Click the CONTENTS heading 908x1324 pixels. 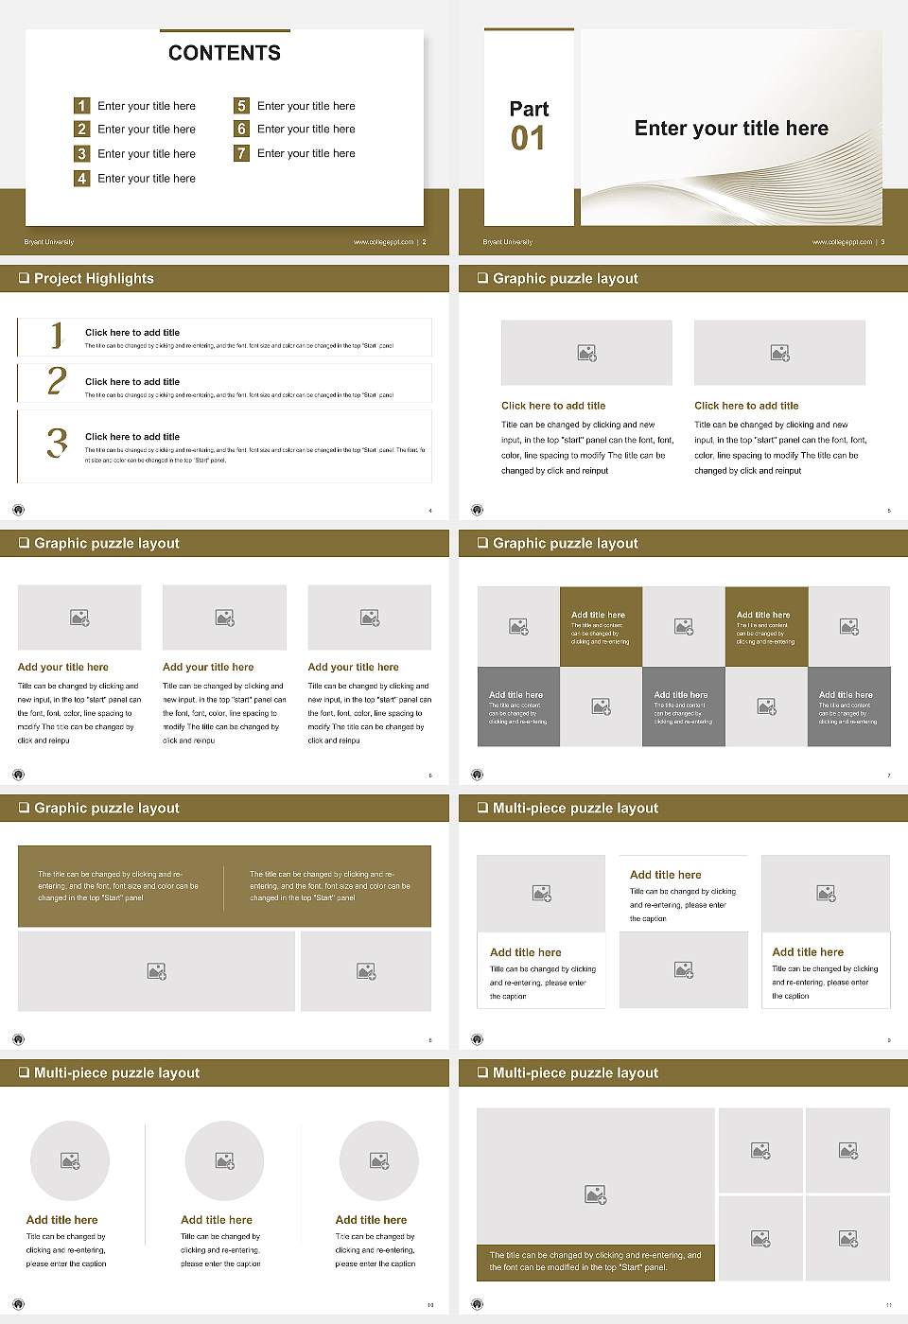224,53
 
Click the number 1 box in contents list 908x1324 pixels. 82,106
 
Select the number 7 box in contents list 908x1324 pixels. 241,153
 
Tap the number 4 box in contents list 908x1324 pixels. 82,178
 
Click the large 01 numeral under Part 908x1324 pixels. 528,139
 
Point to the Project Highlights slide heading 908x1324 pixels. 93,278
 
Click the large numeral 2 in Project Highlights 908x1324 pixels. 57,381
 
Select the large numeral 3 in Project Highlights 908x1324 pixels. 57,443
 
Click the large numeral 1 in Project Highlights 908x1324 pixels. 57,335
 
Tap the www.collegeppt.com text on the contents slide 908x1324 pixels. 383,242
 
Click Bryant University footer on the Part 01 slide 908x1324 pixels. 508,242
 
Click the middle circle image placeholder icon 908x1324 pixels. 224,1160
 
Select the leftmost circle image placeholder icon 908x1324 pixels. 70,1160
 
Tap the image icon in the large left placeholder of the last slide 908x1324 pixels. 595,1195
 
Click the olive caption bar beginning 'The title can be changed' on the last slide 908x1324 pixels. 595,1262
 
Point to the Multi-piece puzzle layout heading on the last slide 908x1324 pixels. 575,1072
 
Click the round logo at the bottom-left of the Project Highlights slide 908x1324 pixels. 18,510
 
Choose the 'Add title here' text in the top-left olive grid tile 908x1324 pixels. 598,615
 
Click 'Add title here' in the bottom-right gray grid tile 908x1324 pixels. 846,694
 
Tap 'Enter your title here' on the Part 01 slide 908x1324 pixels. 731,129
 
